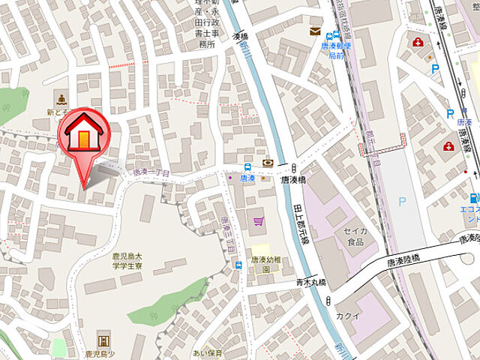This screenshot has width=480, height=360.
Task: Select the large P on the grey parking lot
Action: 403,202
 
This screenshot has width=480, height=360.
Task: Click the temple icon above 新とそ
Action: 61,99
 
